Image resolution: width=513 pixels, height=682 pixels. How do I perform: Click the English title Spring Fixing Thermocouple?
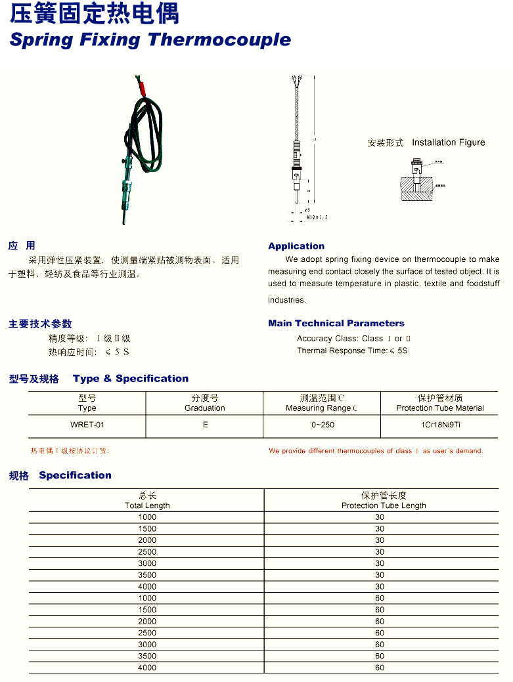[x=150, y=39]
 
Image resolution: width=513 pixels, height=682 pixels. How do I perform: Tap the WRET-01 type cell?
[x=87, y=425]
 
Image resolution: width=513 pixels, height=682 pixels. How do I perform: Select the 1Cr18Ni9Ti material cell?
[x=440, y=425]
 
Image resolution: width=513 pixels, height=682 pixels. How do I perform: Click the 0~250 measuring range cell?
[x=323, y=425]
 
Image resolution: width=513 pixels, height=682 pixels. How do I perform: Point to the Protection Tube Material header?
[x=440, y=408]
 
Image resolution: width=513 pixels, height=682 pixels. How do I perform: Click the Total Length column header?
[x=147, y=505]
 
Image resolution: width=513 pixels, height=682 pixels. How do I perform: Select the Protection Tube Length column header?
[x=384, y=505]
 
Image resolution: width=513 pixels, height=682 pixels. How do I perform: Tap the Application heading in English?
[x=296, y=246]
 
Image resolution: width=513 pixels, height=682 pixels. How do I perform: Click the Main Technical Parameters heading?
[x=336, y=323]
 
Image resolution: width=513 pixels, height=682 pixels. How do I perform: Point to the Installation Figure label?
[x=448, y=142]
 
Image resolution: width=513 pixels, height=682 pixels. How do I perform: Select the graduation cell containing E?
[x=205, y=425]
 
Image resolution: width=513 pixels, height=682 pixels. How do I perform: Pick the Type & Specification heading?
[x=131, y=379]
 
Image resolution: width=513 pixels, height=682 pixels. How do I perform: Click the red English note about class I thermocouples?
[x=376, y=451]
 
